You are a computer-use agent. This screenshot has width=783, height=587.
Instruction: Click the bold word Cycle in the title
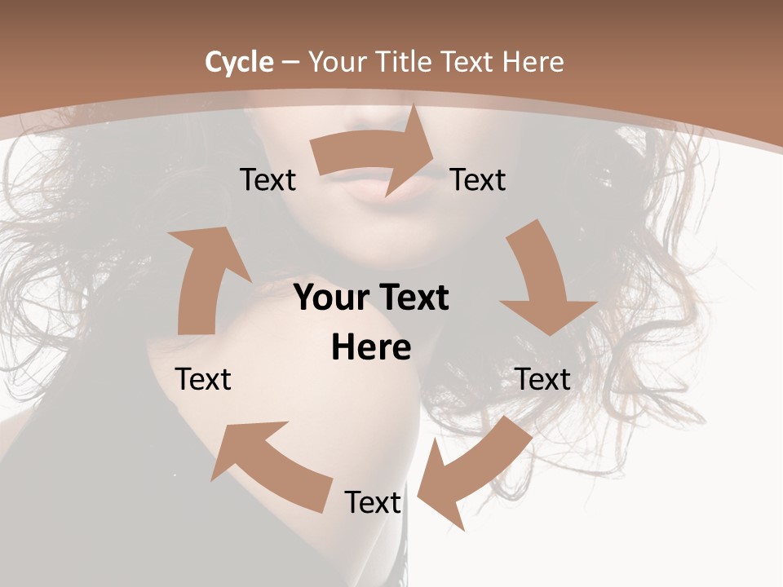point(238,62)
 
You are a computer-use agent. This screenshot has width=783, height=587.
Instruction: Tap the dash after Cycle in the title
point(290,62)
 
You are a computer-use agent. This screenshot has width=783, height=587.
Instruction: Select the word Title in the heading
point(405,62)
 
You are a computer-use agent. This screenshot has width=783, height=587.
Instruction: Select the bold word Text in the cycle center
point(410,298)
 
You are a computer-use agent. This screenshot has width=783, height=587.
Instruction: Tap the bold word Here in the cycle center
point(371,348)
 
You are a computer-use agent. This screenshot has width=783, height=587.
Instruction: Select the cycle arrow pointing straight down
point(542,281)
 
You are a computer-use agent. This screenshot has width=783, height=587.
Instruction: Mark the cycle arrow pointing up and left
point(269,465)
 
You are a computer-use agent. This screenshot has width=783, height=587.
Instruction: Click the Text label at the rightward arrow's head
point(478,179)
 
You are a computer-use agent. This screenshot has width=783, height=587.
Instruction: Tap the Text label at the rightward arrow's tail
point(268,179)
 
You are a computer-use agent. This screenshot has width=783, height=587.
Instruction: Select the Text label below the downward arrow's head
point(542,379)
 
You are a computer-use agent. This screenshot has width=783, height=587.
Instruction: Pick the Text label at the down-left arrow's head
point(373,502)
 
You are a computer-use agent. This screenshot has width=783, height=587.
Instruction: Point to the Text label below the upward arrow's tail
point(203,379)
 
